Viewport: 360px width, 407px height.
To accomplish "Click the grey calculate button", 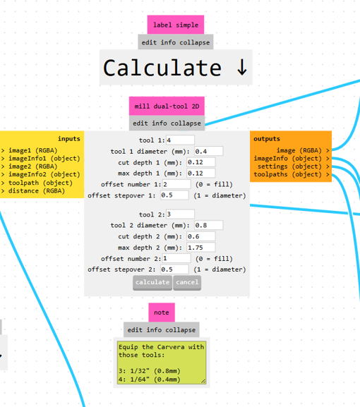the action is tap(152, 282).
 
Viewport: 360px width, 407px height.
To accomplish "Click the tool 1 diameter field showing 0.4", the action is tap(208, 151).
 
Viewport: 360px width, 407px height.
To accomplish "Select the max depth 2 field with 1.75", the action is tap(200, 248).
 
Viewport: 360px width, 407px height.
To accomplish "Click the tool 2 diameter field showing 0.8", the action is tap(208, 225).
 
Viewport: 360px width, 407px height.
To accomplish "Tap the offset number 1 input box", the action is tap(176, 184).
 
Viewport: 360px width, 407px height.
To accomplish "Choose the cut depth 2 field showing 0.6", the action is tap(200, 236).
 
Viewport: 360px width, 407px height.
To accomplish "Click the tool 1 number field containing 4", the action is tap(180, 140).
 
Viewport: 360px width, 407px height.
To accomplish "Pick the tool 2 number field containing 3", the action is tap(180, 214).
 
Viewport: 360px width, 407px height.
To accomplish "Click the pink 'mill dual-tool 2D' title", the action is tap(167, 106).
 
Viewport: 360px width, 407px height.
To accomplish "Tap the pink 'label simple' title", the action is tap(176, 25).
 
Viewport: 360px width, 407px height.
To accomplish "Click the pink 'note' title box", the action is tap(162, 312).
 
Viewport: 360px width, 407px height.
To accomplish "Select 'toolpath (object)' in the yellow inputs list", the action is tap(40, 183).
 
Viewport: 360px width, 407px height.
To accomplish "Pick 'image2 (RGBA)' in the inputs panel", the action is tap(32, 166).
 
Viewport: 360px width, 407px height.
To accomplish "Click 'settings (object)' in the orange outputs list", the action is tap(289, 166).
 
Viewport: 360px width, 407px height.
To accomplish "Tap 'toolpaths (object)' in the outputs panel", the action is tap(288, 174).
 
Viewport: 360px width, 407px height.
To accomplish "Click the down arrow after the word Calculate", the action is tap(242, 68).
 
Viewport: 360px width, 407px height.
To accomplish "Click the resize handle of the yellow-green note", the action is tap(203, 382).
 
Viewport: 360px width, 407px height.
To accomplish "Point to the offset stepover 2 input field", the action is tap(174, 269).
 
